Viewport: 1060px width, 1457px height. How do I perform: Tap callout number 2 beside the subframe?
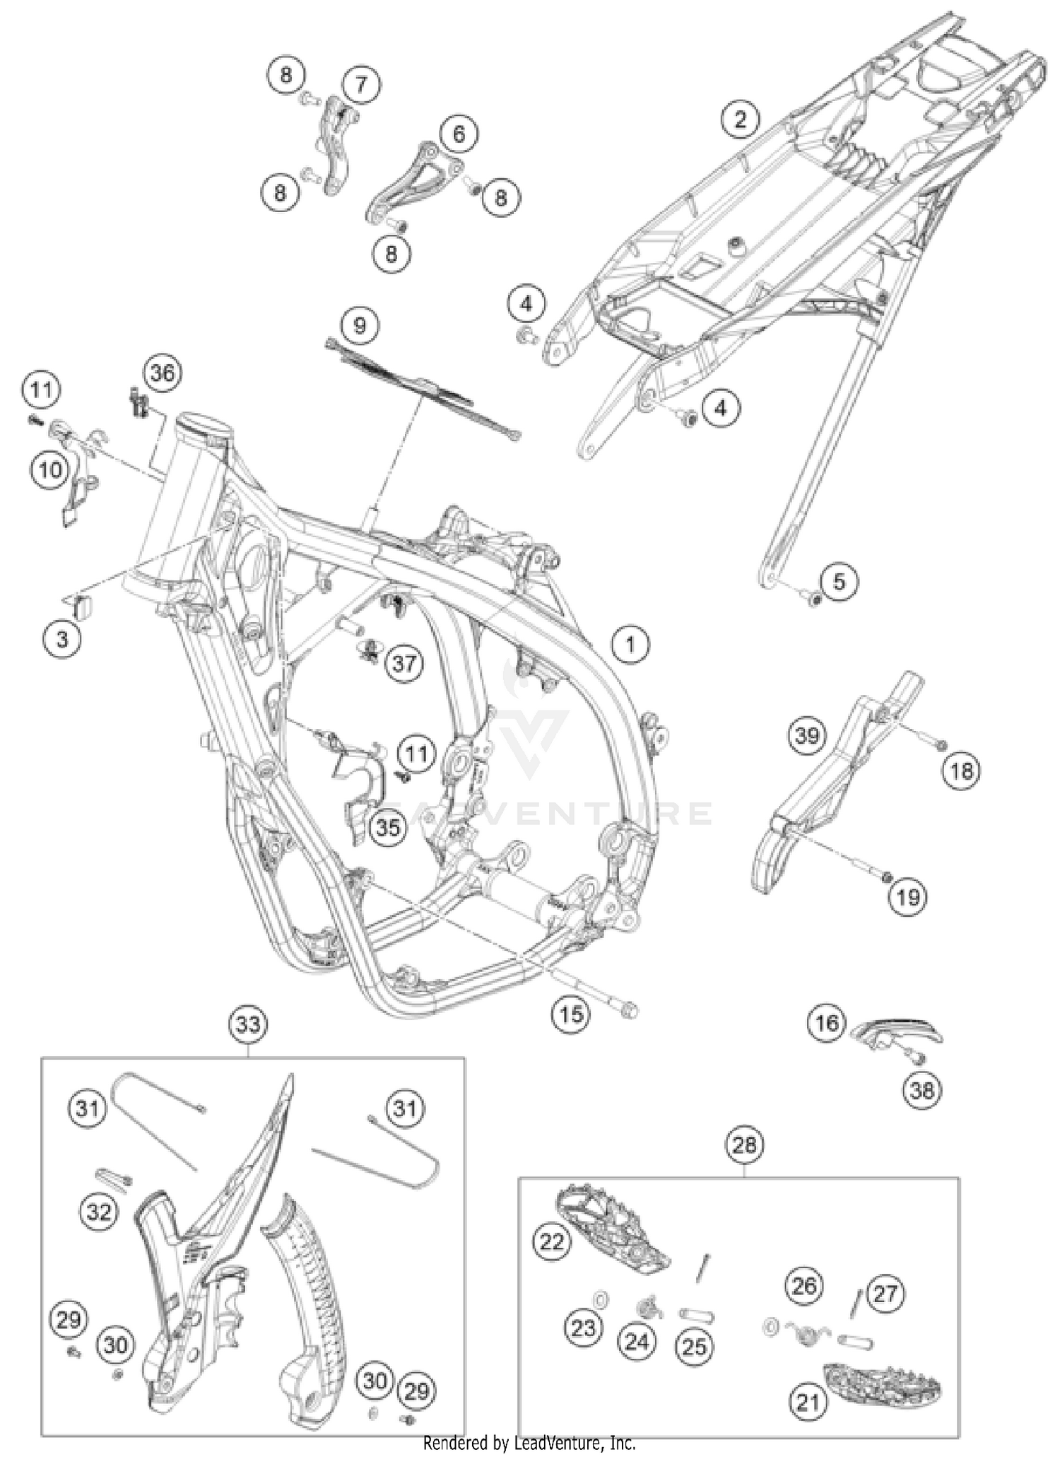pos(740,119)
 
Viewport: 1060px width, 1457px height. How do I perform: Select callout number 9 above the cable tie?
pos(360,326)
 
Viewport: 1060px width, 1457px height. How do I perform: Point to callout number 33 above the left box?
pos(248,1024)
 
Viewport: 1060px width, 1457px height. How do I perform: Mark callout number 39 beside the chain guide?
pos(807,737)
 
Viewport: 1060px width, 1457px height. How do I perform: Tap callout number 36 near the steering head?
pos(163,373)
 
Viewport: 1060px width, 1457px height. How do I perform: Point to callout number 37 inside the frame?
pos(404,664)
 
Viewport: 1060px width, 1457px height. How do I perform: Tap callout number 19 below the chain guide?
pos(908,898)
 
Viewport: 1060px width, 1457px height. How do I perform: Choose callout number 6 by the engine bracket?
pos(459,133)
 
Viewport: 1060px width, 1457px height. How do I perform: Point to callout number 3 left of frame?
pos(62,639)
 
